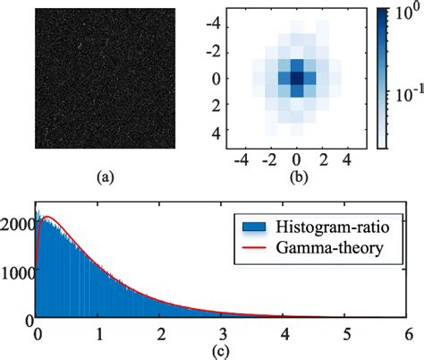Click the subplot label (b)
point(299,176)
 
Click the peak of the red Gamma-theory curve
point(49,216)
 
